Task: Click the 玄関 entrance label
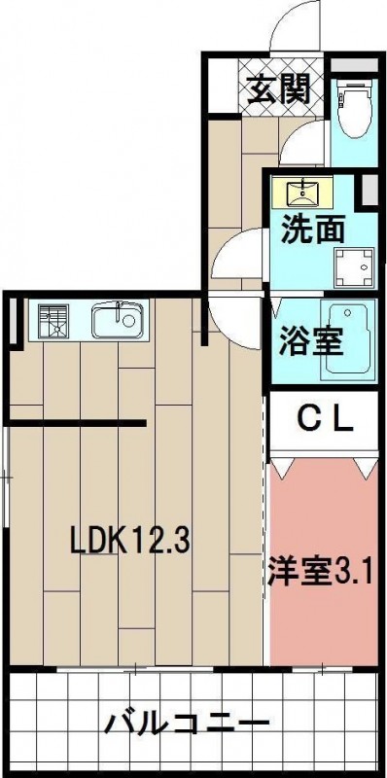pyautogui.click(x=278, y=89)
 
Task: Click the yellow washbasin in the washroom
pyautogui.click(x=302, y=193)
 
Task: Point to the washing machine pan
pyautogui.click(x=354, y=266)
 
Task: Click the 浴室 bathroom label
pyautogui.click(x=311, y=340)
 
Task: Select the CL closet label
pyautogui.click(x=325, y=420)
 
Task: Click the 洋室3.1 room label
pyautogui.click(x=321, y=572)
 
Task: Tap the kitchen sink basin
pyautogui.click(x=117, y=320)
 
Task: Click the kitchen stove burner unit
pyautogui.click(x=53, y=321)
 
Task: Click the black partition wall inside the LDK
pyautogui.click(x=78, y=423)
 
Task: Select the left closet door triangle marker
pyautogui.click(x=281, y=469)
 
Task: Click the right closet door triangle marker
pyautogui.click(x=367, y=469)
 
